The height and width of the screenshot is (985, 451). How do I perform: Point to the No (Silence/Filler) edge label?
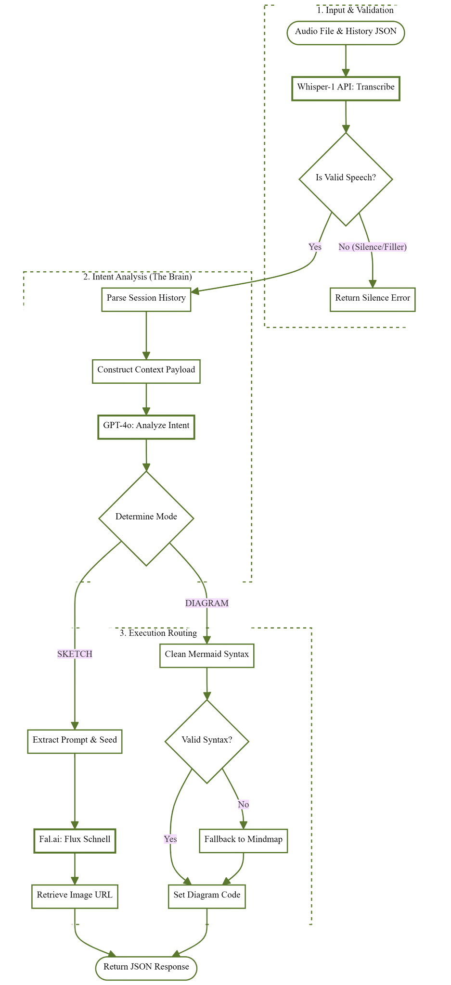pyautogui.click(x=373, y=247)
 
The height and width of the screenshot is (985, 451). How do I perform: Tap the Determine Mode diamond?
pyautogui.click(x=146, y=518)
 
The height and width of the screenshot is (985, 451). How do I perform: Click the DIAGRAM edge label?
pyautogui.click(x=207, y=603)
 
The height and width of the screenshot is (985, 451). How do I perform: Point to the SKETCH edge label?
pyautogui.click(x=75, y=654)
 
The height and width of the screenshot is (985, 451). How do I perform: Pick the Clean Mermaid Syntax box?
pyautogui.click(x=207, y=656)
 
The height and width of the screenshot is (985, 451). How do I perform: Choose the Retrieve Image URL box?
pyautogui.click(x=75, y=897)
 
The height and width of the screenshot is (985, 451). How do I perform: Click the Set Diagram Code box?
pyautogui.click(x=207, y=897)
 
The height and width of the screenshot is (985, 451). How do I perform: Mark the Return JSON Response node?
pyautogui.click(x=146, y=967)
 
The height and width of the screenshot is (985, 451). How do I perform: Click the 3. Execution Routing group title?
pyautogui.click(x=158, y=633)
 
